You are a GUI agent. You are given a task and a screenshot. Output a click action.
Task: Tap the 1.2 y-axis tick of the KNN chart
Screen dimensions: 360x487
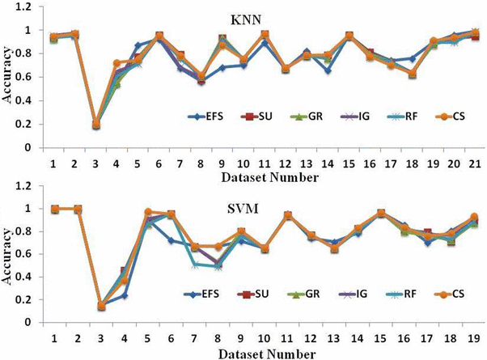pos(32,7)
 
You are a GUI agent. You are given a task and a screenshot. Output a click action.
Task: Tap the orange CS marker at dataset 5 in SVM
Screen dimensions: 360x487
pos(147,212)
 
